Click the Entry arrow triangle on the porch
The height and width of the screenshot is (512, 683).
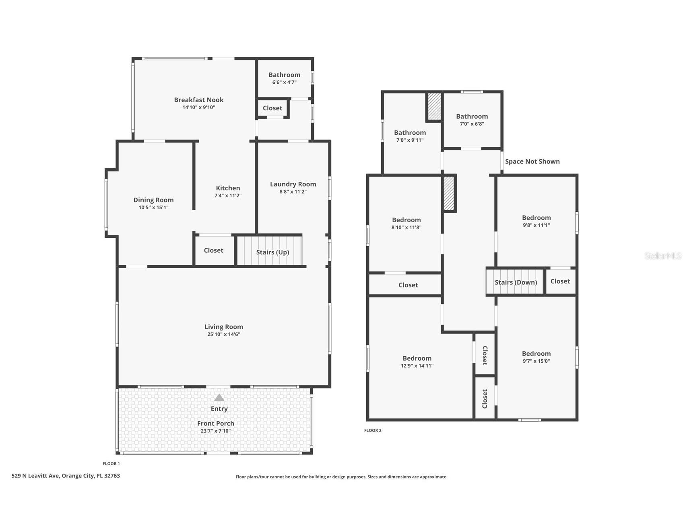[219, 398]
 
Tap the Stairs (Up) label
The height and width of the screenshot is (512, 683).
[272, 252]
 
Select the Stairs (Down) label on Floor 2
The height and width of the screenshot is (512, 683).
[516, 283]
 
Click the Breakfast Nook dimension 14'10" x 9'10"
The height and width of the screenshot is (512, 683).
[199, 107]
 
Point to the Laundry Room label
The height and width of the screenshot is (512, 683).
[293, 184]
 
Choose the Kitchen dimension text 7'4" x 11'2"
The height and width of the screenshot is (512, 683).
[228, 196]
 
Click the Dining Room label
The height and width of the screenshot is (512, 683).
[153, 200]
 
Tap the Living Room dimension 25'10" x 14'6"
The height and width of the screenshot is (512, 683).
[224, 334]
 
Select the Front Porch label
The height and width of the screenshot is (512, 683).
[216, 423]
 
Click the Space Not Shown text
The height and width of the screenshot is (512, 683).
[532, 161]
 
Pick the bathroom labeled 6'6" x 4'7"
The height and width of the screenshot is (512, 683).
[284, 78]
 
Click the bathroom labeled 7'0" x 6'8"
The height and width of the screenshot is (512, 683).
[472, 120]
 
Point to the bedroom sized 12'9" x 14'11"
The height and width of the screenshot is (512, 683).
[417, 361]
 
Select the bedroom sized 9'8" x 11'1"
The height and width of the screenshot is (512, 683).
[536, 221]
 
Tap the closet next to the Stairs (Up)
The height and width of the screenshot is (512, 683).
[213, 250]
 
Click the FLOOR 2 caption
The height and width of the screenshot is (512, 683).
[373, 430]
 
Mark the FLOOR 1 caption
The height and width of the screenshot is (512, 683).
[111, 464]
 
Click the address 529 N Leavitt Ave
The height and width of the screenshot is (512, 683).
[66, 476]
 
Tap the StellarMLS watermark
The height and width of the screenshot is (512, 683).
[663, 256]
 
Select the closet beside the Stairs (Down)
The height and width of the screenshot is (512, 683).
[560, 281]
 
